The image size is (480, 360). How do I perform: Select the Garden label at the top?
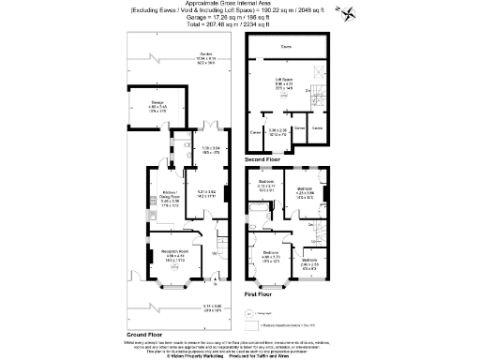(x=179, y=57)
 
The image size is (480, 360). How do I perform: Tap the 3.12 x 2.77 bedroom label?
(x=267, y=184)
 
